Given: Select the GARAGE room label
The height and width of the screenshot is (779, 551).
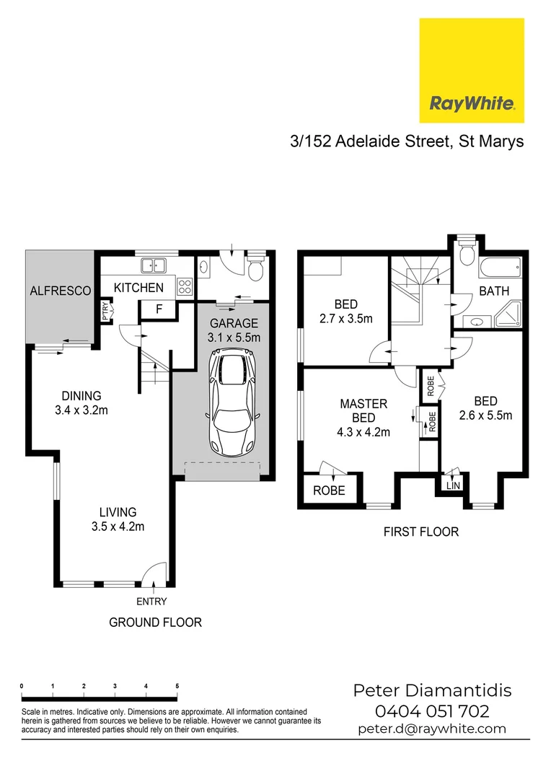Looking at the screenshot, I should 233,323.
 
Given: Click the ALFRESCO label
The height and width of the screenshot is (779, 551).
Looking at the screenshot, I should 61,291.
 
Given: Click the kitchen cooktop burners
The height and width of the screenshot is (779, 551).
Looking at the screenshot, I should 185,286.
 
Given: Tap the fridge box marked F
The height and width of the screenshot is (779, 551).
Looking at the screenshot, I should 159,309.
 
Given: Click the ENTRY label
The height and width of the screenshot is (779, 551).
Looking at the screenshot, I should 151,602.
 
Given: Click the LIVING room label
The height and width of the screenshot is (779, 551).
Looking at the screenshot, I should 118,513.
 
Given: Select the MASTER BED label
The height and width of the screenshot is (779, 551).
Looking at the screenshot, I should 364,410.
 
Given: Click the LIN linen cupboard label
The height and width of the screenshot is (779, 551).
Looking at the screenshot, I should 453,485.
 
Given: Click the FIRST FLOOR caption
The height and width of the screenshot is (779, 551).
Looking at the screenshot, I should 421,532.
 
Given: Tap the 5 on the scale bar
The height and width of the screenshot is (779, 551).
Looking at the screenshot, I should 177,686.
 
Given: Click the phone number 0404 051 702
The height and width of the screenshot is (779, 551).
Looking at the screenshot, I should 432,711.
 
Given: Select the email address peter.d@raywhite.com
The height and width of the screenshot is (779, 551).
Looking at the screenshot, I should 432,729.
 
